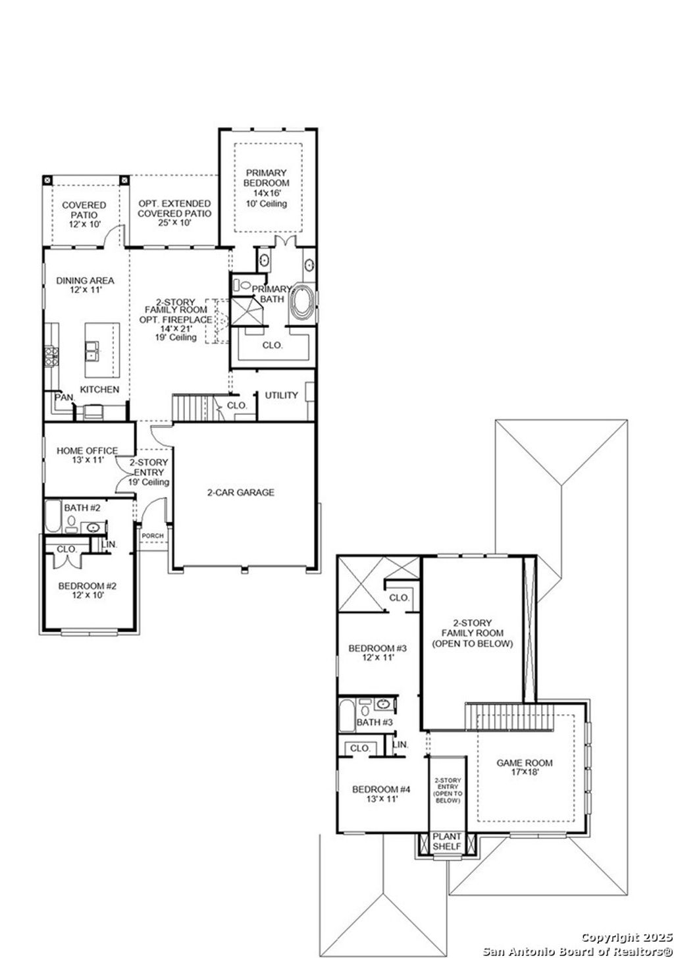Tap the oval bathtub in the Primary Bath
304,302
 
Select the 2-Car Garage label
240,492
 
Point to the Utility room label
281,396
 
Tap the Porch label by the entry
153,536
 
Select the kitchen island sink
92,349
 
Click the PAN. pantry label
64,398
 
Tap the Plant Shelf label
447,841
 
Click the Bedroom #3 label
377,652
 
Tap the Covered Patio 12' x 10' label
84,215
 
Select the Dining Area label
85,285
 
